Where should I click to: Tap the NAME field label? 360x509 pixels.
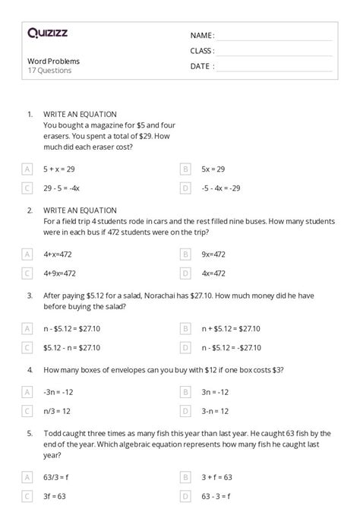[202, 36]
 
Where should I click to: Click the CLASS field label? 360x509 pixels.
[203, 51]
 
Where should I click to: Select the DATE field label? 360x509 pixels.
[201, 66]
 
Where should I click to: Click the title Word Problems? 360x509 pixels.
[53, 61]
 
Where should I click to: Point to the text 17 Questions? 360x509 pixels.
[49, 71]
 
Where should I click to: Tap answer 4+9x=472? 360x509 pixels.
[60, 273]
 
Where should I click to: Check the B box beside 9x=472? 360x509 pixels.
[185, 255]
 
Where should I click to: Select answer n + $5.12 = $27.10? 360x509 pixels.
[230, 329]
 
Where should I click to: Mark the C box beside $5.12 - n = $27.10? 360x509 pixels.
[27, 348]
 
